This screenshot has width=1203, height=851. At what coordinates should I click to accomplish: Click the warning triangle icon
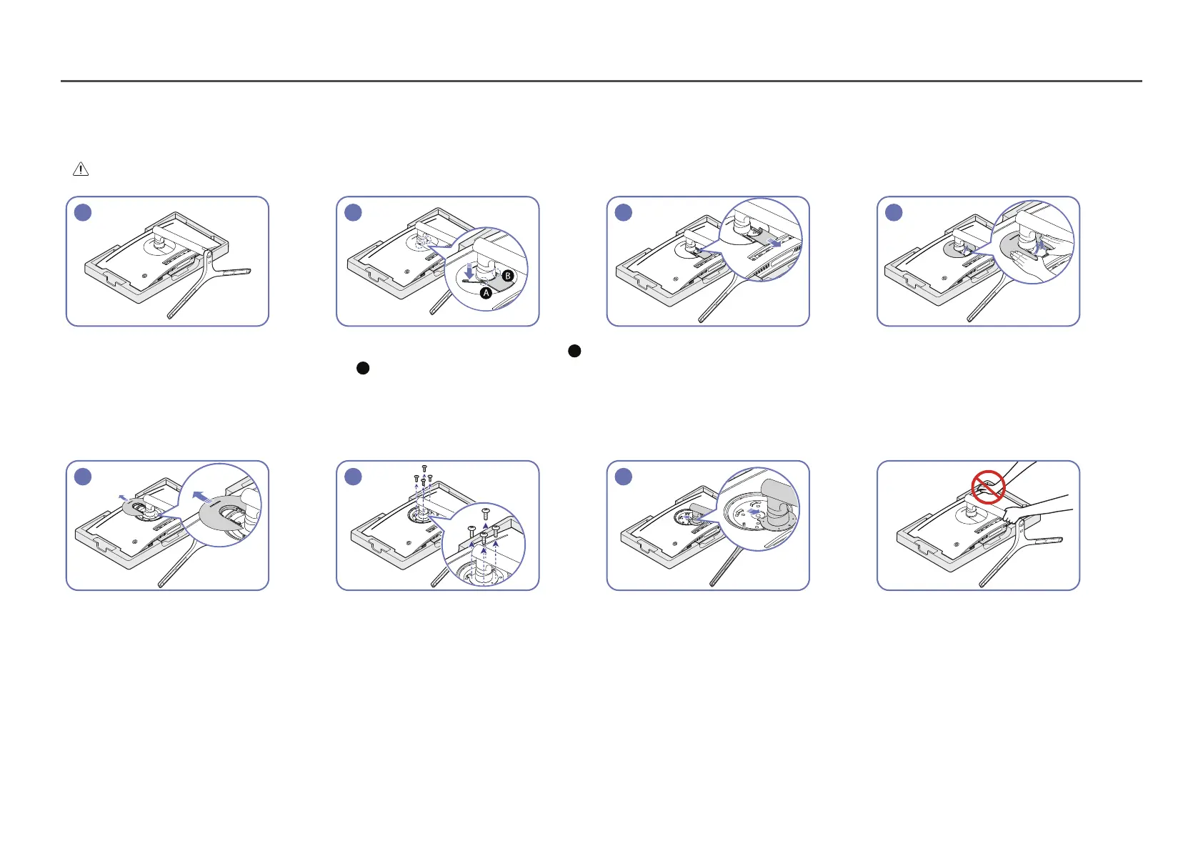click(x=81, y=169)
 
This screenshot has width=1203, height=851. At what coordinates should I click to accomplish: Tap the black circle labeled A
click(x=486, y=293)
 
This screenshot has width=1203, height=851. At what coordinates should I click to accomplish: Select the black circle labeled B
click(x=508, y=275)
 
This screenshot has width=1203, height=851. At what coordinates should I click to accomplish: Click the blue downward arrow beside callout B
click(x=469, y=272)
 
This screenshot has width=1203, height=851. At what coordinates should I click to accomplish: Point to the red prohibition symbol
click(x=989, y=487)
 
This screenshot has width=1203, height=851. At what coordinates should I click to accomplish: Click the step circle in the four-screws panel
click(x=353, y=477)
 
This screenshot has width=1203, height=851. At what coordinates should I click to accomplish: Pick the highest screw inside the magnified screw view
click(x=486, y=512)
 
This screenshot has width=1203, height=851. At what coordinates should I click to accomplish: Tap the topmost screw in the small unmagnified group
click(x=424, y=467)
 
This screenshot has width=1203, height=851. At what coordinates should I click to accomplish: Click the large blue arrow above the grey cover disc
click(x=202, y=495)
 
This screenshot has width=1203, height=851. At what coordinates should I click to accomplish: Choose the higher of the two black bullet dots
click(x=574, y=351)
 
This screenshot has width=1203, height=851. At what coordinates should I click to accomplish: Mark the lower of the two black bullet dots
click(x=363, y=368)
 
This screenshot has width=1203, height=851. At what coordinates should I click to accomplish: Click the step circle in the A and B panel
click(x=353, y=212)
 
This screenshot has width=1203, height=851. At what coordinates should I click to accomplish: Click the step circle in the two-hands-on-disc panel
click(x=894, y=212)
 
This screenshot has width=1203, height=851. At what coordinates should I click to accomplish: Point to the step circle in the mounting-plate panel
click(x=624, y=477)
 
